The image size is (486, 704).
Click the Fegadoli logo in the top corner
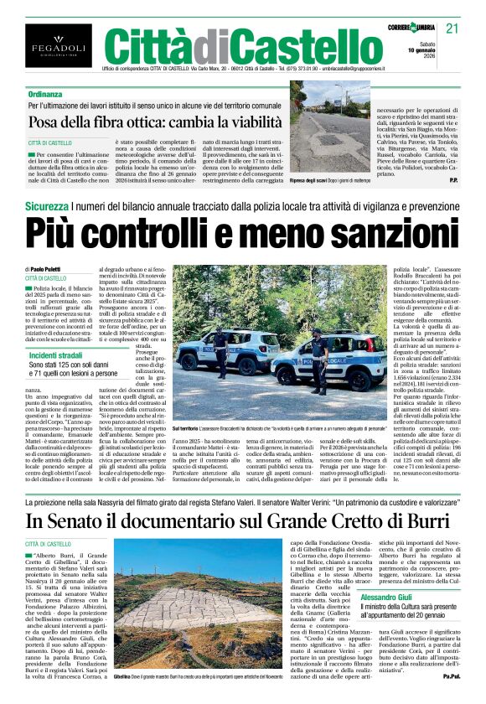(x=47, y=46)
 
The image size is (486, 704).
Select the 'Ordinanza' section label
(x=44, y=95)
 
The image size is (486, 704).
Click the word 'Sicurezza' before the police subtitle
(x=46, y=206)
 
